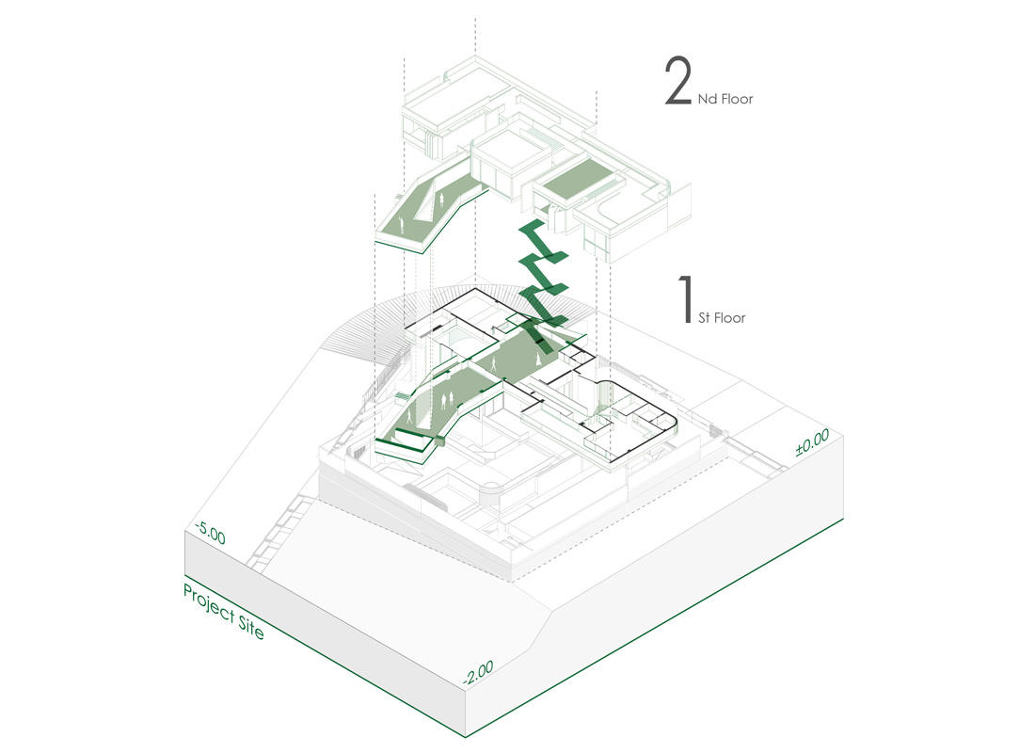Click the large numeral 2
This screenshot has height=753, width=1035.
coord(677,80)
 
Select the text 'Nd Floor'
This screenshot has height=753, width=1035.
coord(724,99)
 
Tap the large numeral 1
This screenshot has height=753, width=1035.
coord(687,299)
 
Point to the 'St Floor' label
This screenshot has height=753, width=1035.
coord(722,318)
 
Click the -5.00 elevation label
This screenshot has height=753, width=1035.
coord(210,533)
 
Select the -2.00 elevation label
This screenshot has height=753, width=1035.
coord(478,672)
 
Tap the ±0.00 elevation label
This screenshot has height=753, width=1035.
coord(812,442)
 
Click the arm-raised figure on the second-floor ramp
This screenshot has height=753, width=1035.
coord(401,222)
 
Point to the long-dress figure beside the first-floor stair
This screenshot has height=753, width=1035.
coord(538,360)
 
